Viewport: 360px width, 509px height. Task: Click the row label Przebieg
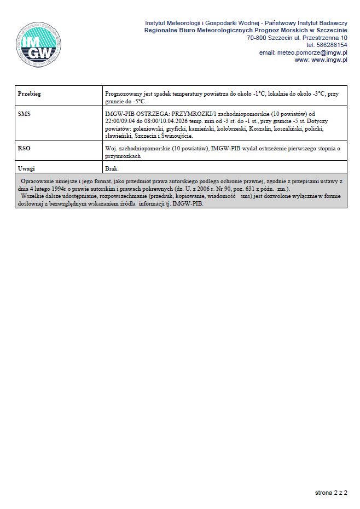[30, 94]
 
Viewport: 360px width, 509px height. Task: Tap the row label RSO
[24, 148]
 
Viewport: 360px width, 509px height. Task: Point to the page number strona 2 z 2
[331, 493]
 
